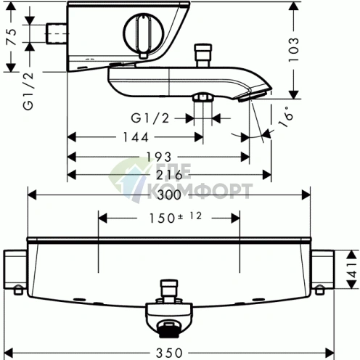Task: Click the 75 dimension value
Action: tap(12, 37)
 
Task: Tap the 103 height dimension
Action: tap(294, 50)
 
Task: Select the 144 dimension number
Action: tap(136, 137)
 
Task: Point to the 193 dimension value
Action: tap(159, 157)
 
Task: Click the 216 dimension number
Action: tap(169, 175)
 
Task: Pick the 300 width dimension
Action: tap(169, 195)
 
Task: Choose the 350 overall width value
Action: tap(169, 353)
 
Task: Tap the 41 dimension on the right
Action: tap(353, 269)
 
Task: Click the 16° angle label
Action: tap(286, 116)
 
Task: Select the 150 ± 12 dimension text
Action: tap(175, 218)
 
